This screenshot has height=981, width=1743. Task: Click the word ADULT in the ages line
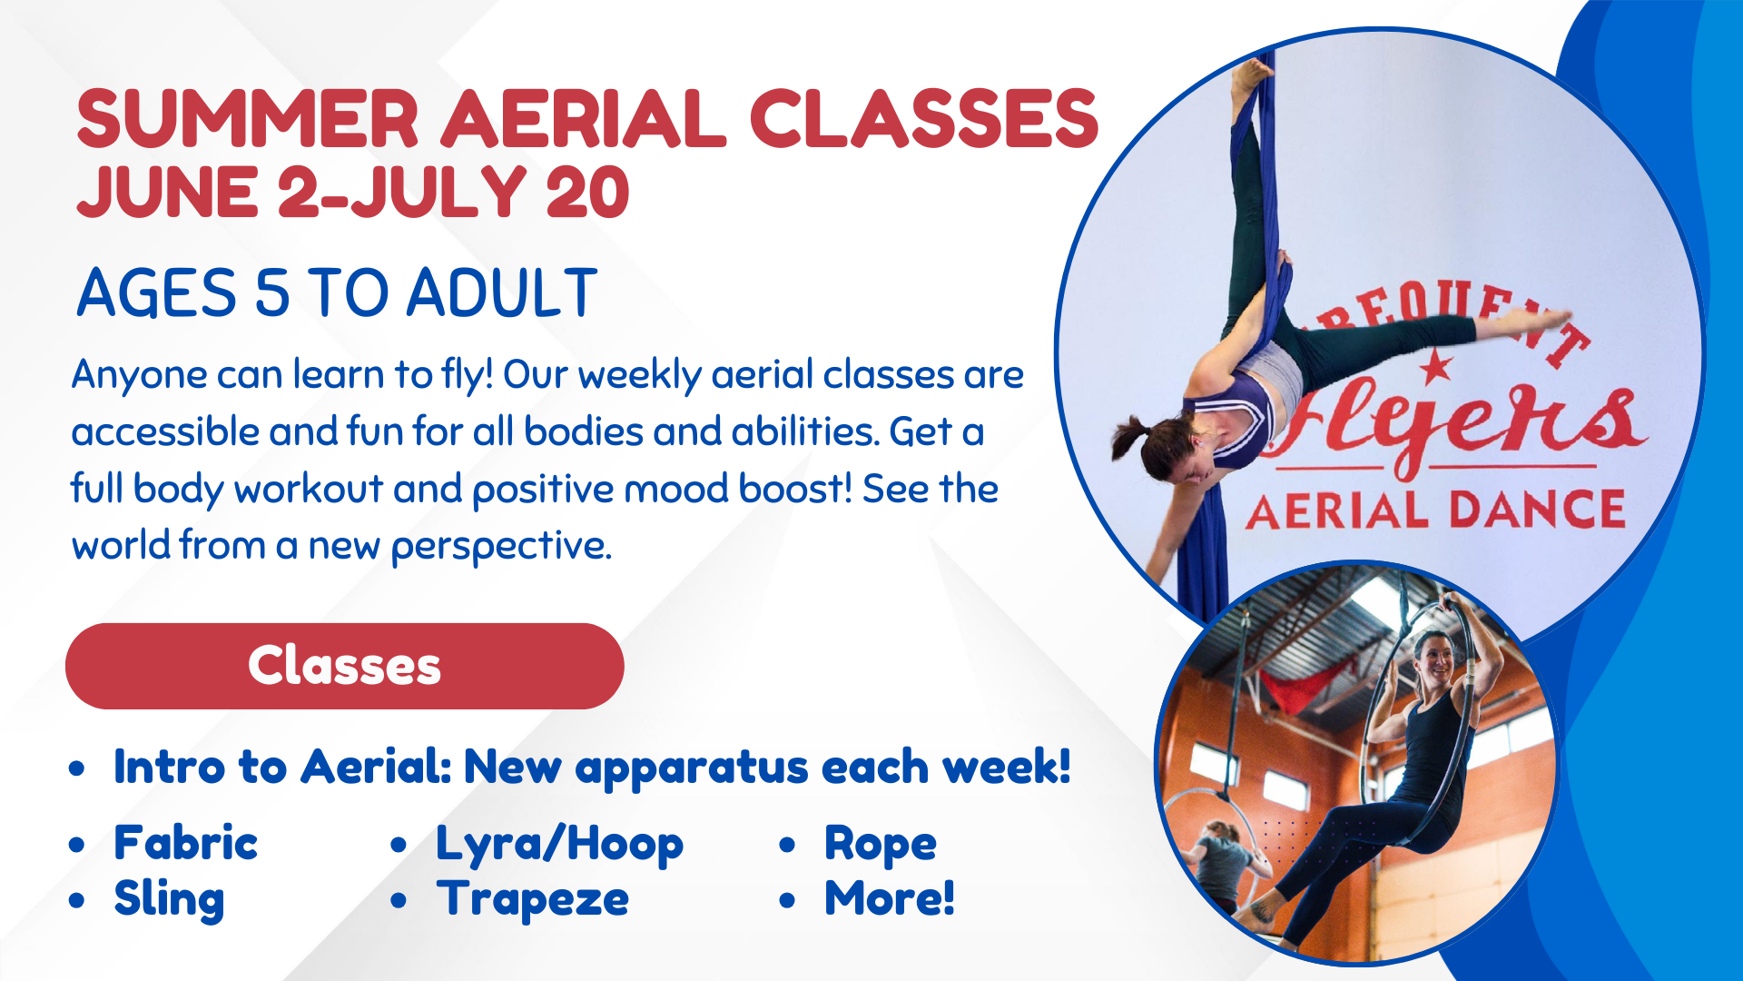click(501, 293)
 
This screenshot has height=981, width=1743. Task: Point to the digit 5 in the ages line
click(271, 293)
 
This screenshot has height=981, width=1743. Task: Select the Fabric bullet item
click(186, 843)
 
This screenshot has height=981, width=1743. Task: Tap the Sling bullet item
click(169, 899)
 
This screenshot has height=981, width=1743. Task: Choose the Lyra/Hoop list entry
click(559, 845)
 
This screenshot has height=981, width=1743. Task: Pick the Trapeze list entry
click(533, 899)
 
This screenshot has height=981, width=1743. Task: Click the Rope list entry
click(880, 845)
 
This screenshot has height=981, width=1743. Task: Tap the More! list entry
click(890, 898)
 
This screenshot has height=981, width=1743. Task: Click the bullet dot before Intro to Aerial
click(77, 768)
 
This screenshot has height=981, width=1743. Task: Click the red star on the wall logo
click(1437, 366)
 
